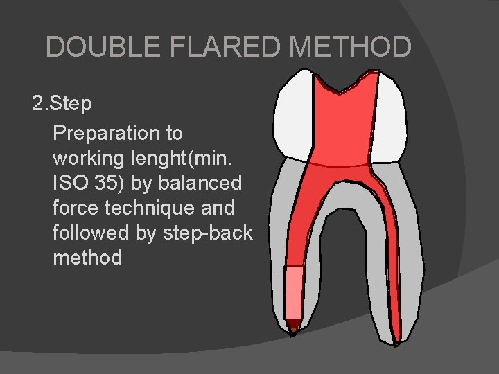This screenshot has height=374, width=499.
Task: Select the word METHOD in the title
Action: [x=351, y=47]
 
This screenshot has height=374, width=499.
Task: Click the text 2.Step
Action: [x=62, y=104]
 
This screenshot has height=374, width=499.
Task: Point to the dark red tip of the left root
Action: [x=294, y=324]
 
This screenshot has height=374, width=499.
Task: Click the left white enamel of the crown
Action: [x=295, y=114]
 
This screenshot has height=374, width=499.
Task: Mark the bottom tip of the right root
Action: [x=396, y=341]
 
